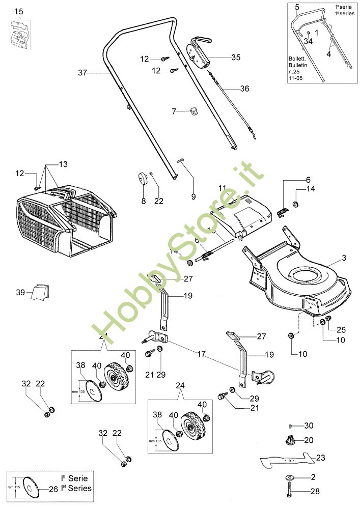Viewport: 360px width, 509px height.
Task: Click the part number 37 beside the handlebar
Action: pos(82,73)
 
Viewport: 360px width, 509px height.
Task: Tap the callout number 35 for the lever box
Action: pos(235,58)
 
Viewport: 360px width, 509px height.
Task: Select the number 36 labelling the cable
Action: pos(244,89)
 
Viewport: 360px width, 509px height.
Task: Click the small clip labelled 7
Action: pos(193,111)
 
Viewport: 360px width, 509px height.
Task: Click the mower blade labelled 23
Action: pos(285,461)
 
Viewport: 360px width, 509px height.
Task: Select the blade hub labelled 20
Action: pos(288,440)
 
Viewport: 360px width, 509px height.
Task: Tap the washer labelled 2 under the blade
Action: pos(290,477)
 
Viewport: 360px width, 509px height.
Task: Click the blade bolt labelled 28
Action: pos(290,492)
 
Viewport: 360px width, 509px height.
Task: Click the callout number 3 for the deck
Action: pos(344,259)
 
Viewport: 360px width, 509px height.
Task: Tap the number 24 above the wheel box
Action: pos(179,385)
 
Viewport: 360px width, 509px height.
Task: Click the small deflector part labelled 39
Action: pos(40,293)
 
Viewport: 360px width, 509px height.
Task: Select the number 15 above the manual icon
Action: pos(19,11)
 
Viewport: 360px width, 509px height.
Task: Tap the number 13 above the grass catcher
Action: pos(63,164)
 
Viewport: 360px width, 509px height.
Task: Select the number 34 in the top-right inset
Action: pos(308,41)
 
